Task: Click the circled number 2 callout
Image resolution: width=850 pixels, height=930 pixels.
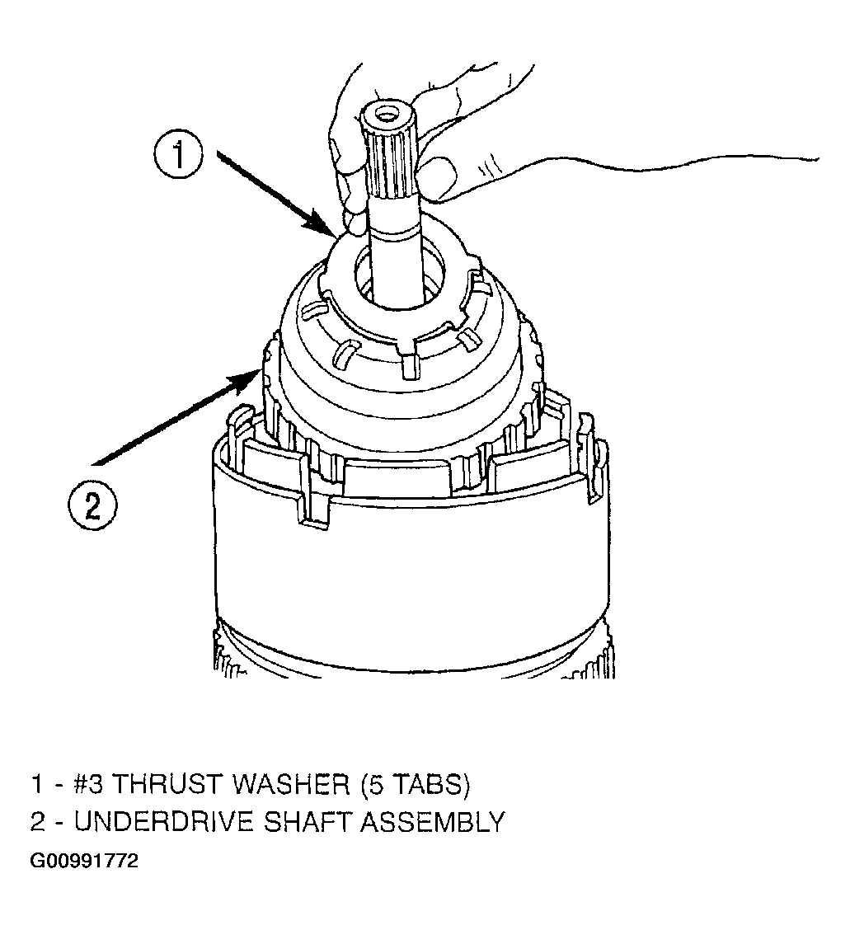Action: point(92,506)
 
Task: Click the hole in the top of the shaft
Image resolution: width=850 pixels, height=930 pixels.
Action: point(387,112)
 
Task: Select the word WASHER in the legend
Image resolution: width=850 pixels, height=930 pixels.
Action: point(292,784)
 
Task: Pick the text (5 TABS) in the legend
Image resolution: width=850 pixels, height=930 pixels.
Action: point(416,784)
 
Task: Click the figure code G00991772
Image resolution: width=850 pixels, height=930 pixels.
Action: point(83,861)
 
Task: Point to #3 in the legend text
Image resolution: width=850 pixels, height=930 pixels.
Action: point(87,784)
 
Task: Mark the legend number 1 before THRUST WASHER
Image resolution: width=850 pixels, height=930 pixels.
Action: point(37,784)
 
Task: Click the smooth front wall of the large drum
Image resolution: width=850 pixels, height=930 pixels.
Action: point(409,570)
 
